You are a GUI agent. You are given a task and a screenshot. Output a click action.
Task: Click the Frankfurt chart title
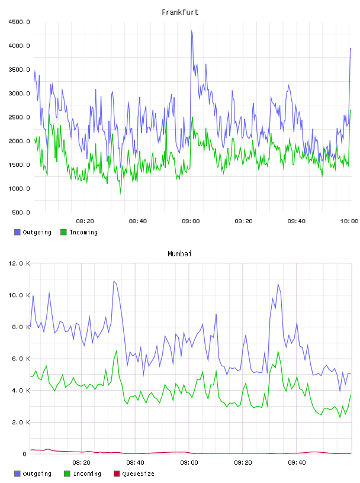coord(180,12)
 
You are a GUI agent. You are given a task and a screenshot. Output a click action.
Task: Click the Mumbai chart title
coord(179,254)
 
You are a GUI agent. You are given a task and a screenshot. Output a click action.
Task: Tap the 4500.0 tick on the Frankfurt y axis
coord(19,22)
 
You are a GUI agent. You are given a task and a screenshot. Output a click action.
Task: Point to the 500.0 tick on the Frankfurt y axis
coord(21,212)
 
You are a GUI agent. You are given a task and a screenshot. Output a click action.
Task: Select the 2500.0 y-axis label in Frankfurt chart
coord(19,117)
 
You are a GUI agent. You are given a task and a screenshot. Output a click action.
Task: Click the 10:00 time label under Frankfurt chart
coord(349,221)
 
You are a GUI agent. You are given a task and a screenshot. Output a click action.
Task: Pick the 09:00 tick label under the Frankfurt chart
coord(191,221)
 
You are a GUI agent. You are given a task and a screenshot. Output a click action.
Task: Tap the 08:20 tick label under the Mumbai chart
coord(81,463)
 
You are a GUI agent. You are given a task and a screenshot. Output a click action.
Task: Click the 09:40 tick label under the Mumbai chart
coord(297,463)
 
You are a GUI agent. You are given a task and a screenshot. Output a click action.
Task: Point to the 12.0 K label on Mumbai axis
coord(19,263)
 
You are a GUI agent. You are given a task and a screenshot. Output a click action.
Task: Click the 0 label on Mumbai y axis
coord(25,454)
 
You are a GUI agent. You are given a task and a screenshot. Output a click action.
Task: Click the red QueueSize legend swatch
coord(117,474)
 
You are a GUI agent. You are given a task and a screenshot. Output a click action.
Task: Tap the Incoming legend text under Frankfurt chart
coord(83,232)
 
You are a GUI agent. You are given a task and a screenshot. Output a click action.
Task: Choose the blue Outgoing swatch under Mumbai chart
coord(17,474)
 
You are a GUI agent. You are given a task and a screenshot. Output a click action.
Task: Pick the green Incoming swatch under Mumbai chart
coord(67,474)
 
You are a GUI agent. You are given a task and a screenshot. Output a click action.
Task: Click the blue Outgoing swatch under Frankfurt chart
coord(17,232)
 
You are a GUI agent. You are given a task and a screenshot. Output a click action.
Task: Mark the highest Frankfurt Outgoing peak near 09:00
coord(191,31)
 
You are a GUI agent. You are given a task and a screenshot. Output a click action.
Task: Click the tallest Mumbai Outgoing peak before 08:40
coord(114,281)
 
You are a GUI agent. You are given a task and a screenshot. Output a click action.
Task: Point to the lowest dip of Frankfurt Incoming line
coord(121,193)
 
